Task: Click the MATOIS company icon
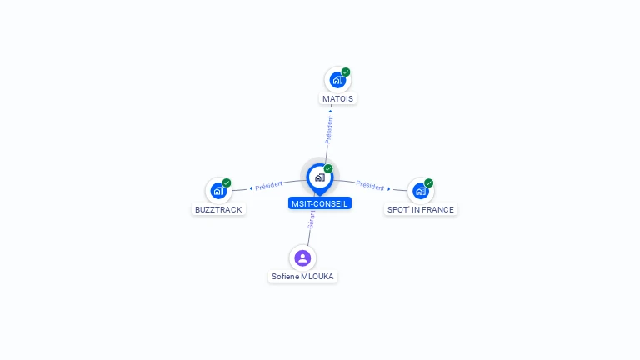coord(337,80)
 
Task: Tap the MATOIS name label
coord(338,99)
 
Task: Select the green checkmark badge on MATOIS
coord(346,72)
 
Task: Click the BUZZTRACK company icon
coord(218,191)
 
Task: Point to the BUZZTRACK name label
coord(218,209)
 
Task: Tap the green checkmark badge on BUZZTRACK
coord(227,182)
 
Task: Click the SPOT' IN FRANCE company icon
coord(420,191)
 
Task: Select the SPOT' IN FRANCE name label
coord(420,209)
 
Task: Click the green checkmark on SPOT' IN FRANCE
coord(428,182)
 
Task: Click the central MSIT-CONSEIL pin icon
coord(320,178)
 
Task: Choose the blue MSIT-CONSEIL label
coord(320,203)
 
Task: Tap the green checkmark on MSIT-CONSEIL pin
coord(328,168)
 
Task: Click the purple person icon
coord(302,258)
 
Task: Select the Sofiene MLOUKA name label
coord(302,277)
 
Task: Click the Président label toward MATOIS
coord(329,130)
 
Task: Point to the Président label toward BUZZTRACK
coord(268,185)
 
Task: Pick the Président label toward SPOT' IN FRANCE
coord(370,185)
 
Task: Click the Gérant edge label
coord(312,220)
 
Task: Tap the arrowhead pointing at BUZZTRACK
coord(251,188)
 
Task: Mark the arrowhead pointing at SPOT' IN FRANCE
coord(389,188)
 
